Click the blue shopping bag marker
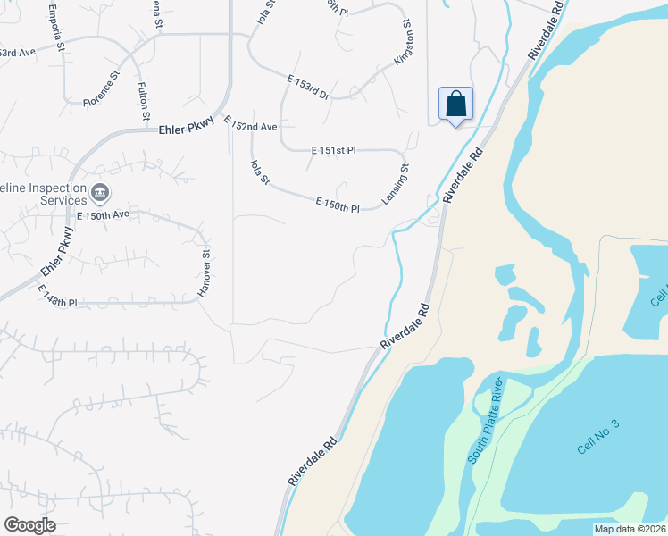click(455, 105)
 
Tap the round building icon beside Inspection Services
click(99, 191)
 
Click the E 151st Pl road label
click(333, 151)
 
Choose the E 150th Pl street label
click(337, 205)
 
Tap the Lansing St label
click(396, 185)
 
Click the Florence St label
click(102, 92)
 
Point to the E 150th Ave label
click(104, 215)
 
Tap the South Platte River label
click(488, 420)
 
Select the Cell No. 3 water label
click(597, 435)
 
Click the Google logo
click(29, 525)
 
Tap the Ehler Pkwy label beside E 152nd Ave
click(188, 130)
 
